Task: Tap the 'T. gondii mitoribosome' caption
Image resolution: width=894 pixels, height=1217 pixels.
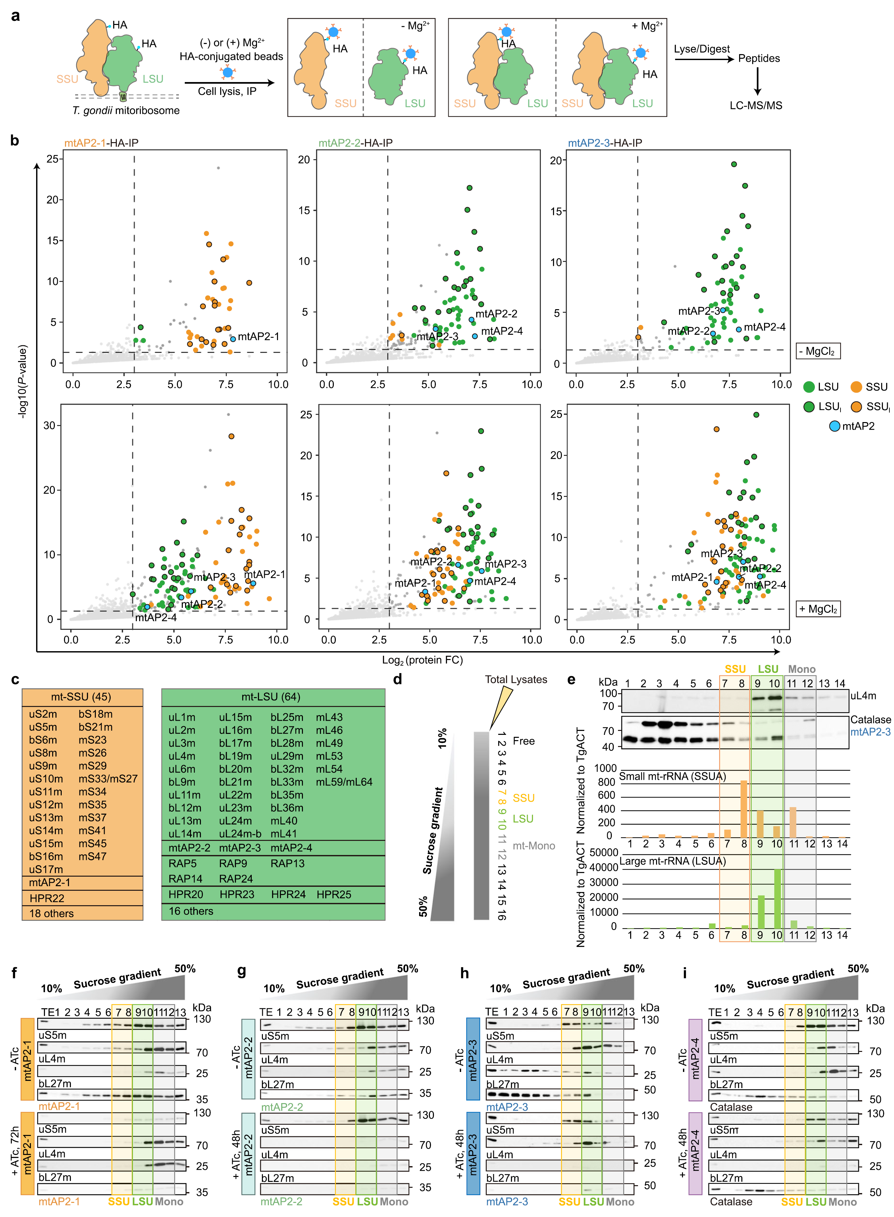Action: click(126, 110)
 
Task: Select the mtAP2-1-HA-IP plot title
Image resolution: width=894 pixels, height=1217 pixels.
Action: click(101, 143)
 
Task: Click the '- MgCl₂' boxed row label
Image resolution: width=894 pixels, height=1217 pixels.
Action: click(818, 351)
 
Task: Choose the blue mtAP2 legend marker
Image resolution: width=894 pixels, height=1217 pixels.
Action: click(835, 426)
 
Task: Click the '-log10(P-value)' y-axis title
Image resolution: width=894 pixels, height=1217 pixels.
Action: click(23, 381)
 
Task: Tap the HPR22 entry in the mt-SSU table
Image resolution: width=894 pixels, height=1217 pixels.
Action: click(47, 898)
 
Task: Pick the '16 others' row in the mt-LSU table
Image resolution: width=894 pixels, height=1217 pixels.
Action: click(191, 911)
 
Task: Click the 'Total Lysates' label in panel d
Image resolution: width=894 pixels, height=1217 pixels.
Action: click(516, 680)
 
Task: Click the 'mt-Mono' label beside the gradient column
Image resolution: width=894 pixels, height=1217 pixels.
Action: click(534, 846)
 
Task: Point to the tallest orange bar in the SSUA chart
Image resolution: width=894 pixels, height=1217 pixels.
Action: click(744, 809)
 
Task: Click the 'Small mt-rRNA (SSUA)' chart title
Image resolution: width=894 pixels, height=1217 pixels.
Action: click(672, 777)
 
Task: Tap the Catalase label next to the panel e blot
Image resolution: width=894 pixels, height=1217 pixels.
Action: click(870, 720)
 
